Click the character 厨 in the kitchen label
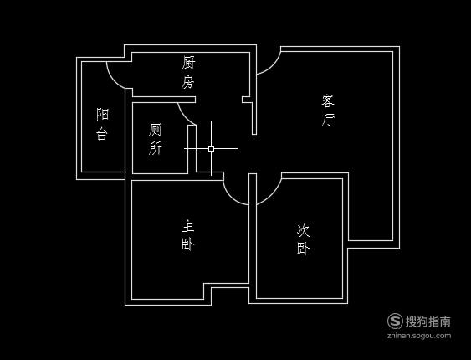tap(188, 63)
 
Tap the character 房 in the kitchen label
tap(187, 81)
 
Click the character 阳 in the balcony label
tap(102, 114)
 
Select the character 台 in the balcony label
tap(102, 133)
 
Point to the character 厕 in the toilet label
tap(155, 130)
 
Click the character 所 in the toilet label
tap(155, 148)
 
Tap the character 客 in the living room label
tap(327, 100)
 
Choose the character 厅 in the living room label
tap(328, 119)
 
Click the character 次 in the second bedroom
tap(303, 230)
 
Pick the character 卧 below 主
tap(187, 244)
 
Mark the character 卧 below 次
tap(304, 248)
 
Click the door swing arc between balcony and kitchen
tap(112, 80)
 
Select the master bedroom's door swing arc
tap(231, 197)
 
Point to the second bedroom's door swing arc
tap(274, 198)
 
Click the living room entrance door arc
tap(274, 68)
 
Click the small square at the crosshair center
tap(211, 148)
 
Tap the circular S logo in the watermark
tap(395, 321)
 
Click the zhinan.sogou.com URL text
tap(419, 336)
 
